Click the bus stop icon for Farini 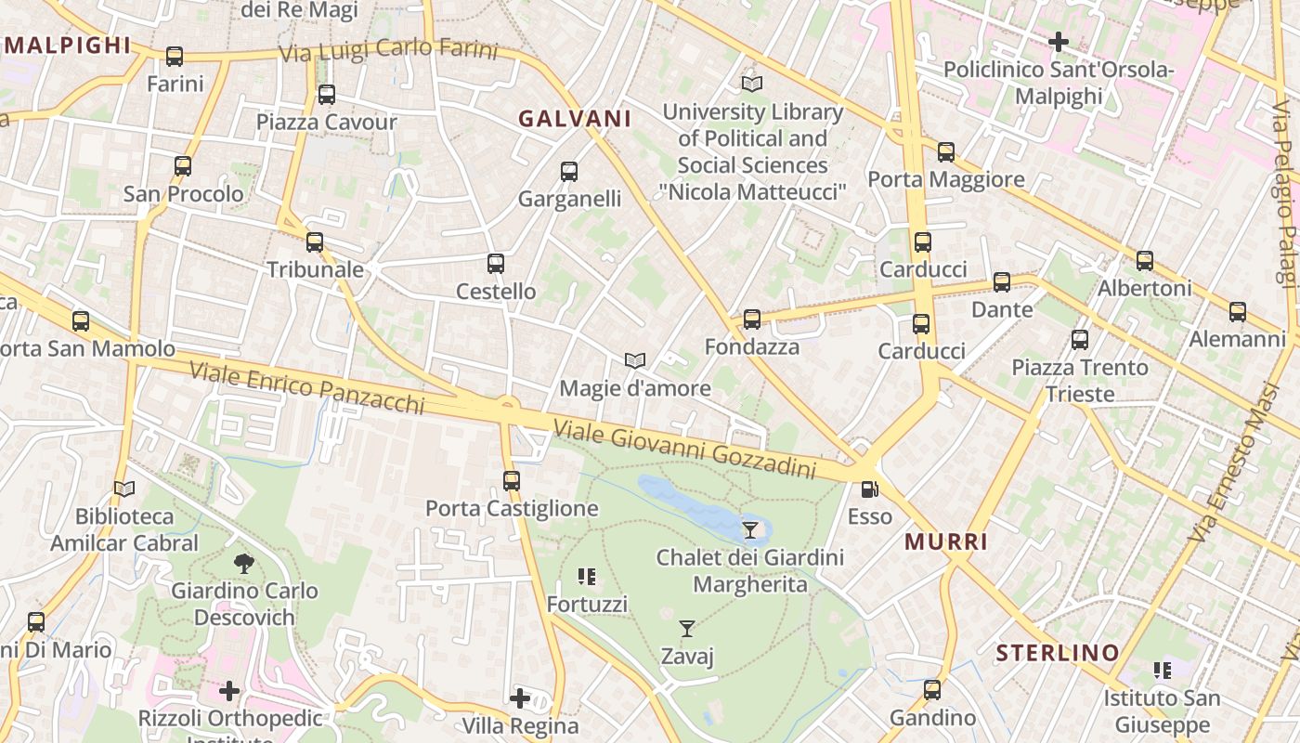click(x=175, y=57)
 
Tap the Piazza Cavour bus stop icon click(x=326, y=95)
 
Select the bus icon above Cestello click(x=496, y=264)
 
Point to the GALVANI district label click(x=575, y=119)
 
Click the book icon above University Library click(x=752, y=85)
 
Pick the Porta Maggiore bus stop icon click(x=946, y=152)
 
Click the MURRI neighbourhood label click(x=946, y=541)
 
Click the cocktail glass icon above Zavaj click(x=687, y=629)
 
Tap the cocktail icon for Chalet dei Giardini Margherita click(x=750, y=530)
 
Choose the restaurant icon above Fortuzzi click(x=587, y=577)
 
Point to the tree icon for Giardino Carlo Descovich click(x=244, y=563)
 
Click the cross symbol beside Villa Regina click(x=520, y=698)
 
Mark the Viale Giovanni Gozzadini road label click(x=685, y=449)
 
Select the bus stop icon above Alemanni click(x=1238, y=312)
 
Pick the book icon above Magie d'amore click(x=635, y=360)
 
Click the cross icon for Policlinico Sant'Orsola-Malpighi click(x=1059, y=42)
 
